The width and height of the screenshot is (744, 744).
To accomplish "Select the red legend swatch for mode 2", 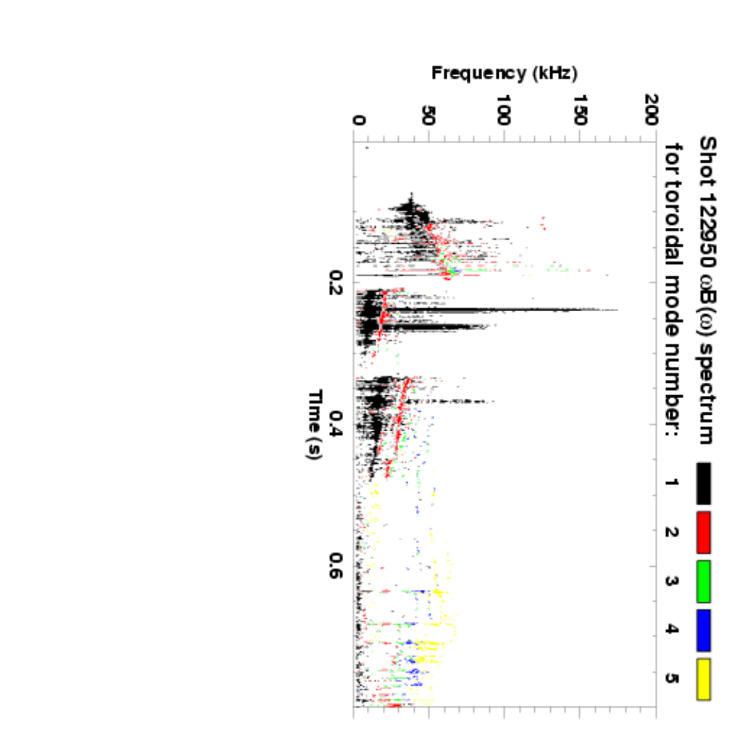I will click(704, 531).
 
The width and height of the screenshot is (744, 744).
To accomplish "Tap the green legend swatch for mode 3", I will click(704, 580).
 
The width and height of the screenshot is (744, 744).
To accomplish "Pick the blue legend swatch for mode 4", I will click(704, 629).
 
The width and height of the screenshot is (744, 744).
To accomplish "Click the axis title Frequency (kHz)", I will click(504, 72).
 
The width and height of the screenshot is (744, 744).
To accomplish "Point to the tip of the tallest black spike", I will click(617, 310).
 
